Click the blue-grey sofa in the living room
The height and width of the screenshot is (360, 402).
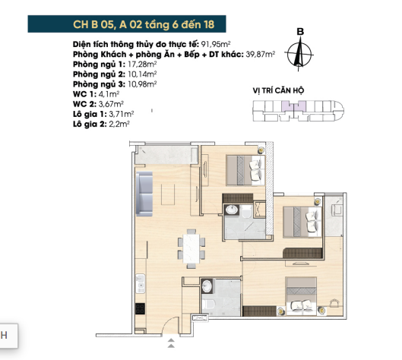[x=144, y=194]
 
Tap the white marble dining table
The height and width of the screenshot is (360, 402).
[x=192, y=248]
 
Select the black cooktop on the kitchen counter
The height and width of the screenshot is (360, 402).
[x=140, y=308]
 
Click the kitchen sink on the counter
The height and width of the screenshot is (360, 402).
[x=141, y=283]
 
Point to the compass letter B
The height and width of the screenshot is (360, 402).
[x=300, y=31]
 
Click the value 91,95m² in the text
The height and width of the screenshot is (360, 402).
[x=216, y=44]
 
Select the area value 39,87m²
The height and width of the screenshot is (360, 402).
[x=261, y=55]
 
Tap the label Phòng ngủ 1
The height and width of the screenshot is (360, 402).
[x=99, y=65]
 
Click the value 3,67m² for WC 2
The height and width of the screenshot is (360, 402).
[x=111, y=104]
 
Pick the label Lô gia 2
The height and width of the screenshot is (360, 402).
[x=90, y=125]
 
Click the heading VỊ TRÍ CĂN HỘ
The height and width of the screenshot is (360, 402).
[x=278, y=90]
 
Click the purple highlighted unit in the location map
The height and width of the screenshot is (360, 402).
[x=294, y=106]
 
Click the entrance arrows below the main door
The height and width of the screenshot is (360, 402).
[x=171, y=343]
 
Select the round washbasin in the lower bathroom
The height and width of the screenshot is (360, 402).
[x=207, y=286]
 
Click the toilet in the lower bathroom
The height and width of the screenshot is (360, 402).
[x=207, y=305]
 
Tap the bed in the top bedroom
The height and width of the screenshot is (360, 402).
[x=245, y=170]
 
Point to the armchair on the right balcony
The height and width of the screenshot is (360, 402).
[x=337, y=208]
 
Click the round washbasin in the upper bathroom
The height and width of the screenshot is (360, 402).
[x=232, y=210]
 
